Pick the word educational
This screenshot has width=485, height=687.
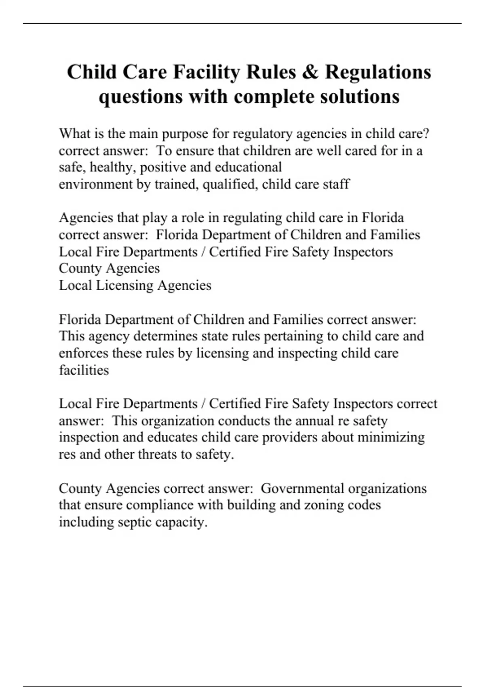coord(248,167)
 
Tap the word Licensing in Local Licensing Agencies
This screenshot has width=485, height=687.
coord(124,286)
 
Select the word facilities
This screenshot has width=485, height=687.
coord(84,370)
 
